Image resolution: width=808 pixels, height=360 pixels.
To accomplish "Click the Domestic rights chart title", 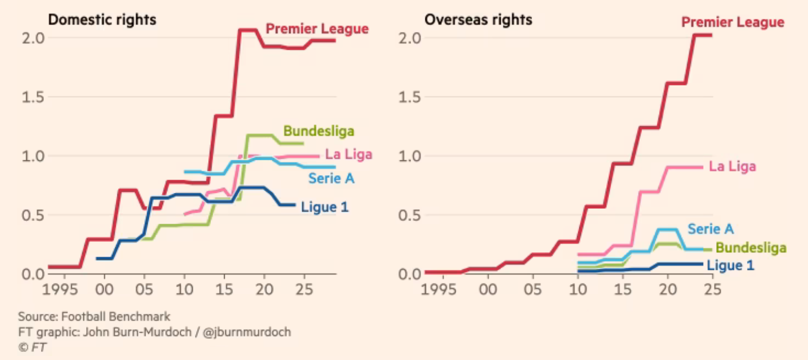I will (102, 20).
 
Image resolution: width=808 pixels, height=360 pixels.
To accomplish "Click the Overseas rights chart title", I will (478, 20).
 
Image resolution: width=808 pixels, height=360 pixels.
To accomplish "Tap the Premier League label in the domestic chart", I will (318, 29).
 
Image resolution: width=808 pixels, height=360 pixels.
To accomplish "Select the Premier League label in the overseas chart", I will (733, 22).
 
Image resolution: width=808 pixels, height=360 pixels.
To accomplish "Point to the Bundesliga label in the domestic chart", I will (319, 131).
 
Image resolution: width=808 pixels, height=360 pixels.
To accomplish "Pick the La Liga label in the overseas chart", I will (732, 167).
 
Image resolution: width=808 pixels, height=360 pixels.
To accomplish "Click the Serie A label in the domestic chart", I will (331, 178).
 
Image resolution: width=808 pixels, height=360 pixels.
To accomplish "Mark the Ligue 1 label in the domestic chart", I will (324, 207).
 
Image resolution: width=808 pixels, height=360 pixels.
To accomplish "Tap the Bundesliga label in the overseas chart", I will (750, 248).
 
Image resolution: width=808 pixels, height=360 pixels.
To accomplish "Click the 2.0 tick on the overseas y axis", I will (409, 38).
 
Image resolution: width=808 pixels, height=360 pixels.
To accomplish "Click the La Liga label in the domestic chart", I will (348, 155).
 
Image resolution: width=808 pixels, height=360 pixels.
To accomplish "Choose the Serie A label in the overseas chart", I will (710, 229).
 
